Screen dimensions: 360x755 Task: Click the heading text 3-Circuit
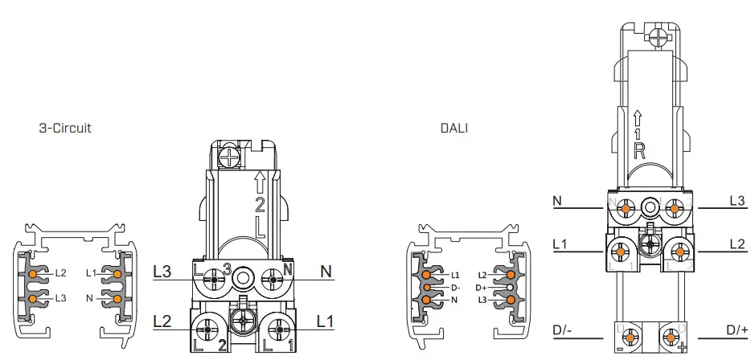click(65, 128)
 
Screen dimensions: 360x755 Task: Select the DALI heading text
click(455, 128)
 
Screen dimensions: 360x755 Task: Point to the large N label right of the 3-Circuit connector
click(326, 272)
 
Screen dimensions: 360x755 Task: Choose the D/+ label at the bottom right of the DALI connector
click(737, 329)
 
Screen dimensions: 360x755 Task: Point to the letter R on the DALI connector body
click(638, 149)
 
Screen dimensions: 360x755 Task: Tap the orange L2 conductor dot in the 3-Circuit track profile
click(33, 274)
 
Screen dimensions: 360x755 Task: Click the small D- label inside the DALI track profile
click(456, 287)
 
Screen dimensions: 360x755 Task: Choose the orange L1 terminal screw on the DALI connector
click(625, 247)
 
